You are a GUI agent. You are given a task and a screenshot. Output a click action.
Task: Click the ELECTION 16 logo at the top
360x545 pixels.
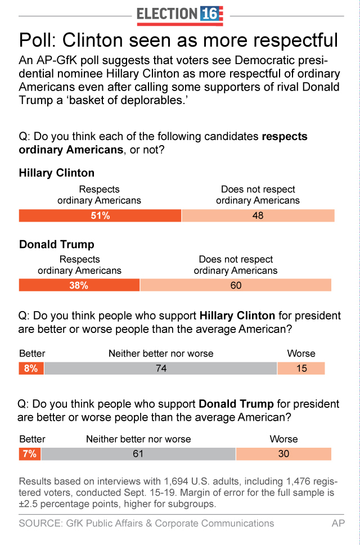tap(180, 14)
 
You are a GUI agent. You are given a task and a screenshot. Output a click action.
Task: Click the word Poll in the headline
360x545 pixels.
tap(37, 41)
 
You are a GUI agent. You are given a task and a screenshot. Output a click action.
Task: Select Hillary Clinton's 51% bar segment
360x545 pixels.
tap(100, 215)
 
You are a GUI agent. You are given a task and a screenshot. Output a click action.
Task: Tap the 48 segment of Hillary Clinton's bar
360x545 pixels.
tap(258, 215)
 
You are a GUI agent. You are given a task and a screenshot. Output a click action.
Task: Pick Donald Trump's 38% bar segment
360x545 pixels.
tap(79, 285)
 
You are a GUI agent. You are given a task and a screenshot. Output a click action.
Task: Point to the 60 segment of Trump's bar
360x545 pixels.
tap(236, 285)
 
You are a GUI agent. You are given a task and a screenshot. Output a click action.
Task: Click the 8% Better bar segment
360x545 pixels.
tap(31, 368)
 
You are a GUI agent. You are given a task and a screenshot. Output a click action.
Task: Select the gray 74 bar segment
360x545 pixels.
tap(161, 368)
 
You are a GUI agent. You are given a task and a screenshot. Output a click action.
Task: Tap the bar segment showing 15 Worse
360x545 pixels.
tap(301, 368)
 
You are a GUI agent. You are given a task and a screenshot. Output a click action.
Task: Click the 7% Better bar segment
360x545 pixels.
tap(30, 454)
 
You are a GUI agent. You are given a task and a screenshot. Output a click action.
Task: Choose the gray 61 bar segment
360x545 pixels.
tap(138, 454)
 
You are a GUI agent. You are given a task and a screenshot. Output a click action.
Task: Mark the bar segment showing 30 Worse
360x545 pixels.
tap(283, 454)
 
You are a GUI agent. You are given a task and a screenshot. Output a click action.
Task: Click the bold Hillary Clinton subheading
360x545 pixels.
tap(57, 173)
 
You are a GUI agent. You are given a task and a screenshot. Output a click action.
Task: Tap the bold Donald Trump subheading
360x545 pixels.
tap(57, 245)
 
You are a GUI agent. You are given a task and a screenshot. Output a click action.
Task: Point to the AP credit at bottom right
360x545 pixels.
tap(338, 523)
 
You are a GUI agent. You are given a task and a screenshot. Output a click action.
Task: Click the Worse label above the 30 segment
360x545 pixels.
tap(283, 439)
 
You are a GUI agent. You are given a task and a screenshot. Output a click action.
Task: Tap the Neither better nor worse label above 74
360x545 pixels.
tap(161, 354)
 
